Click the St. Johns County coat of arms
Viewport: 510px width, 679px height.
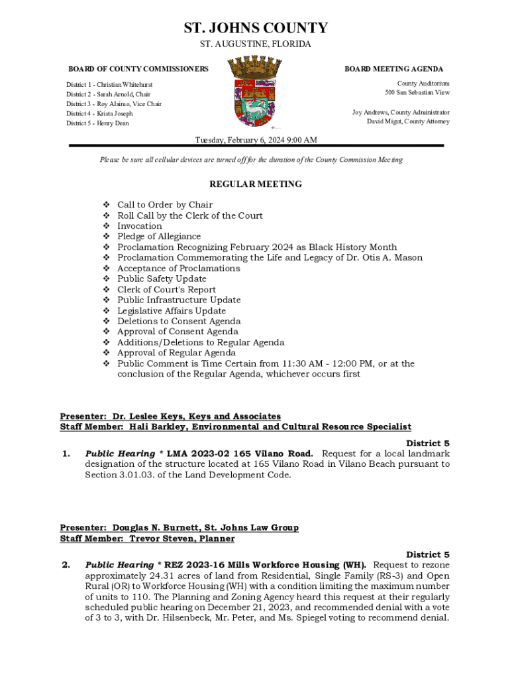pyautogui.click(x=255, y=92)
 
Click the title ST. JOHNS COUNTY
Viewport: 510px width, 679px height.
pyautogui.click(x=255, y=29)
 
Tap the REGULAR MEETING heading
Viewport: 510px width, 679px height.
pyautogui.click(x=255, y=184)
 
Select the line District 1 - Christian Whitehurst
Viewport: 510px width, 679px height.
pyautogui.click(x=109, y=85)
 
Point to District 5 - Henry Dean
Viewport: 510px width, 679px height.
pyautogui.click(x=97, y=123)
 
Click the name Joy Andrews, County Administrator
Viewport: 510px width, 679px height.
pyautogui.click(x=401, y=113)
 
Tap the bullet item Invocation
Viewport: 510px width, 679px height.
pyautogui.click(x=140, y=226)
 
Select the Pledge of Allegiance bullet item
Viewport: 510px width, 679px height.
pyautogui.click(x=159, y=237)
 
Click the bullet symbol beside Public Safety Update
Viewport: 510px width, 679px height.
pyautogui.click(x=106, y=279)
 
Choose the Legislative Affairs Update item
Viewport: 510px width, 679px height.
pyautogui.click(x=172, y=311)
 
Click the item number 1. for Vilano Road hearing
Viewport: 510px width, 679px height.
pyautogui.click(x=66, y=454)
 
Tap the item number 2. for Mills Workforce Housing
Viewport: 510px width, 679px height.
pyautogui.click(x=66, y=565)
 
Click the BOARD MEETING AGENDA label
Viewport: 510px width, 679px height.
pyautogui.click(x=394, y=69)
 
